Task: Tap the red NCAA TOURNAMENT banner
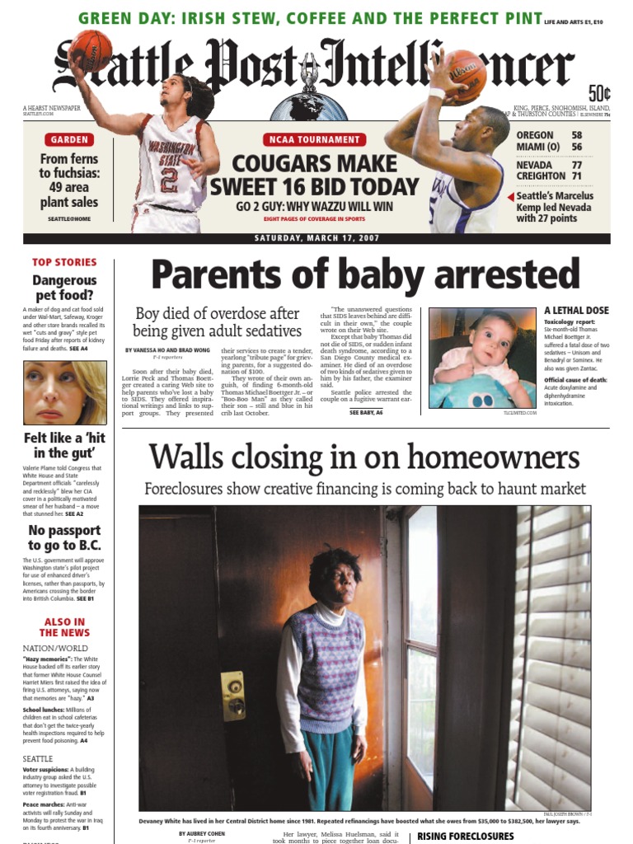coord(313,139)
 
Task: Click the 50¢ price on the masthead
coord(599,93)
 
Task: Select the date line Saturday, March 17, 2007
coord(316,239)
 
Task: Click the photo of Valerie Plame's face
coord(63,392)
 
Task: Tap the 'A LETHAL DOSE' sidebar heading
coord(576,311)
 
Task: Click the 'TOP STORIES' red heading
coord(64,262)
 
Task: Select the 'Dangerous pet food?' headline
coord(64,288)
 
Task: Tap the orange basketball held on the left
coord(91,49)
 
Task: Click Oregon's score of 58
coord(577,135)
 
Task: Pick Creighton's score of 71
coord(577,176)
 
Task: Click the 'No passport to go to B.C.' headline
coord(64,537)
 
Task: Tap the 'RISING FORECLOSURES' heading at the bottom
coord(466,836)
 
